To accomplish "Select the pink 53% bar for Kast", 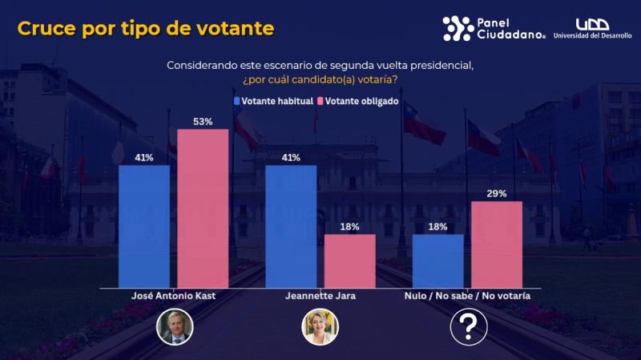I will point(203,208).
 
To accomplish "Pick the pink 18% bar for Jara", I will point(349,261).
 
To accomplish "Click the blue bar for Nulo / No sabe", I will point(437,261).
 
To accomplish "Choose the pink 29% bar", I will point(497,245).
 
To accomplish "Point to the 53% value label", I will point(203,122).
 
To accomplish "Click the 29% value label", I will point(497,194).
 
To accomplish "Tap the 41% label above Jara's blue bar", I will point(291,158).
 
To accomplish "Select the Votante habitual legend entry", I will point(273,102).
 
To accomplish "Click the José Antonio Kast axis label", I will point(173,296).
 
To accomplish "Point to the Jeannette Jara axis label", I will point(320,296).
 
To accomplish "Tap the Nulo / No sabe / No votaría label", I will point(467,296).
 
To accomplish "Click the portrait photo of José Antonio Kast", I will point(173,327).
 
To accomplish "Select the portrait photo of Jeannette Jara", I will point(320,327).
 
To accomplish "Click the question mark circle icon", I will point(467,327).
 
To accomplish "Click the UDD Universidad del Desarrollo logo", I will point(596,30).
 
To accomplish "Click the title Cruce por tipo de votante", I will point(146,29).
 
